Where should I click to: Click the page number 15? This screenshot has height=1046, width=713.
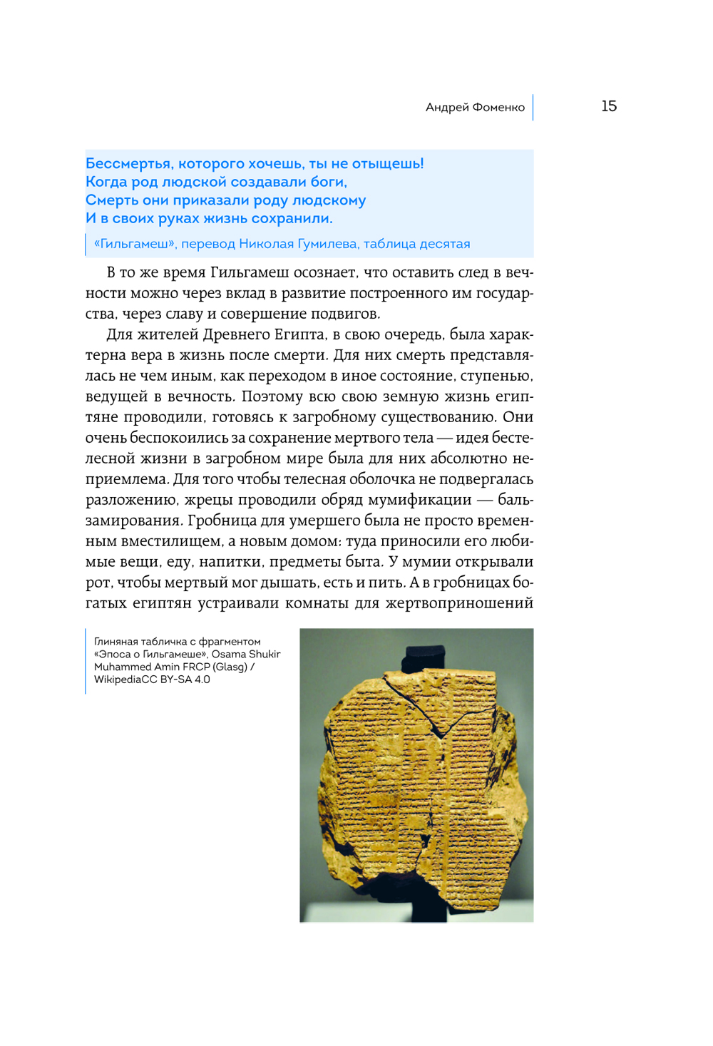pyautogui.click(x=608, y=106)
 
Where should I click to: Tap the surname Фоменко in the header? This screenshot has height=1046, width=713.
pyautogui.click(x=498, y=108)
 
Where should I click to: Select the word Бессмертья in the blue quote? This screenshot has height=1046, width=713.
pyautogui.click(x=128, y=164)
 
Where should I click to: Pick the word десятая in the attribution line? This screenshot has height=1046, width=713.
pyautogui.click(x=444, y=244)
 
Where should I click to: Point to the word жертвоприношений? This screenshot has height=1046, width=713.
pyautogui.click(x=459, y=603)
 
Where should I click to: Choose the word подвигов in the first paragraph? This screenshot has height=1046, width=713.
pyautogui.click(x=347, y=314)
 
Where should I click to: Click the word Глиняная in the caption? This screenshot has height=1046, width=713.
pyautogui.click(x=116, y=642)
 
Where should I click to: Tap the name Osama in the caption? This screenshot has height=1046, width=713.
pyautogui.click(x=228, y=655)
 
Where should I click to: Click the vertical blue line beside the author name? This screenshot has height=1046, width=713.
pyautogui.click(x=533, y=107)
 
